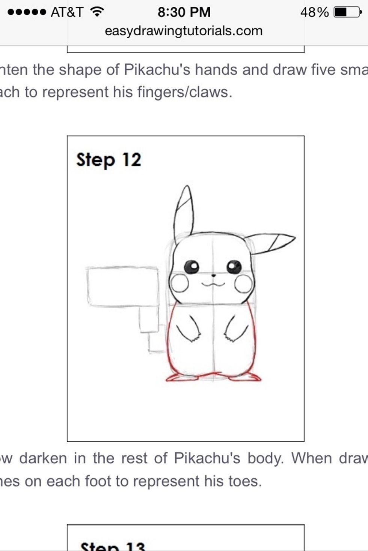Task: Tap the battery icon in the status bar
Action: pyautogui.click(x=347, y=12)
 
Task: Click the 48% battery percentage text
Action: pyautogui.click(x=314, y=12)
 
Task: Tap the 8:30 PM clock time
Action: pyautogui.click(x=184, y=12)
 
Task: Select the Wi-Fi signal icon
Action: pyautogui.click(x=97, y=12)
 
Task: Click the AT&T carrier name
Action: pyautogui.click(x=67, y=12)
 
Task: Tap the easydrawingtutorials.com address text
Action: pyautogui.click(x=184, y=31)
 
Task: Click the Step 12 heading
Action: pyautogui.click(x=109, y=160)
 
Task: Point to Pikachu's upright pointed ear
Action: pyautogui.click(x=184, y=212)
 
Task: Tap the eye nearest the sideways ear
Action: pyautogui.click(x=234, y=267)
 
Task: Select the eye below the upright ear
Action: pyautogui.click(x=192, y=267)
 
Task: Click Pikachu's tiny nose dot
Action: pyautogui.click(x=214, y=275)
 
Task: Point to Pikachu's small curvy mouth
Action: pyautogui.click(x=213, y=284)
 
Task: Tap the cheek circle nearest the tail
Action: pyautogui.click(x=179, y=283)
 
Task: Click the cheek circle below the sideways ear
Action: pyautogui.click(x=244, y=283)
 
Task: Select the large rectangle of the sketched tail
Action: pyautogui.click(x=123, y=287)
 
